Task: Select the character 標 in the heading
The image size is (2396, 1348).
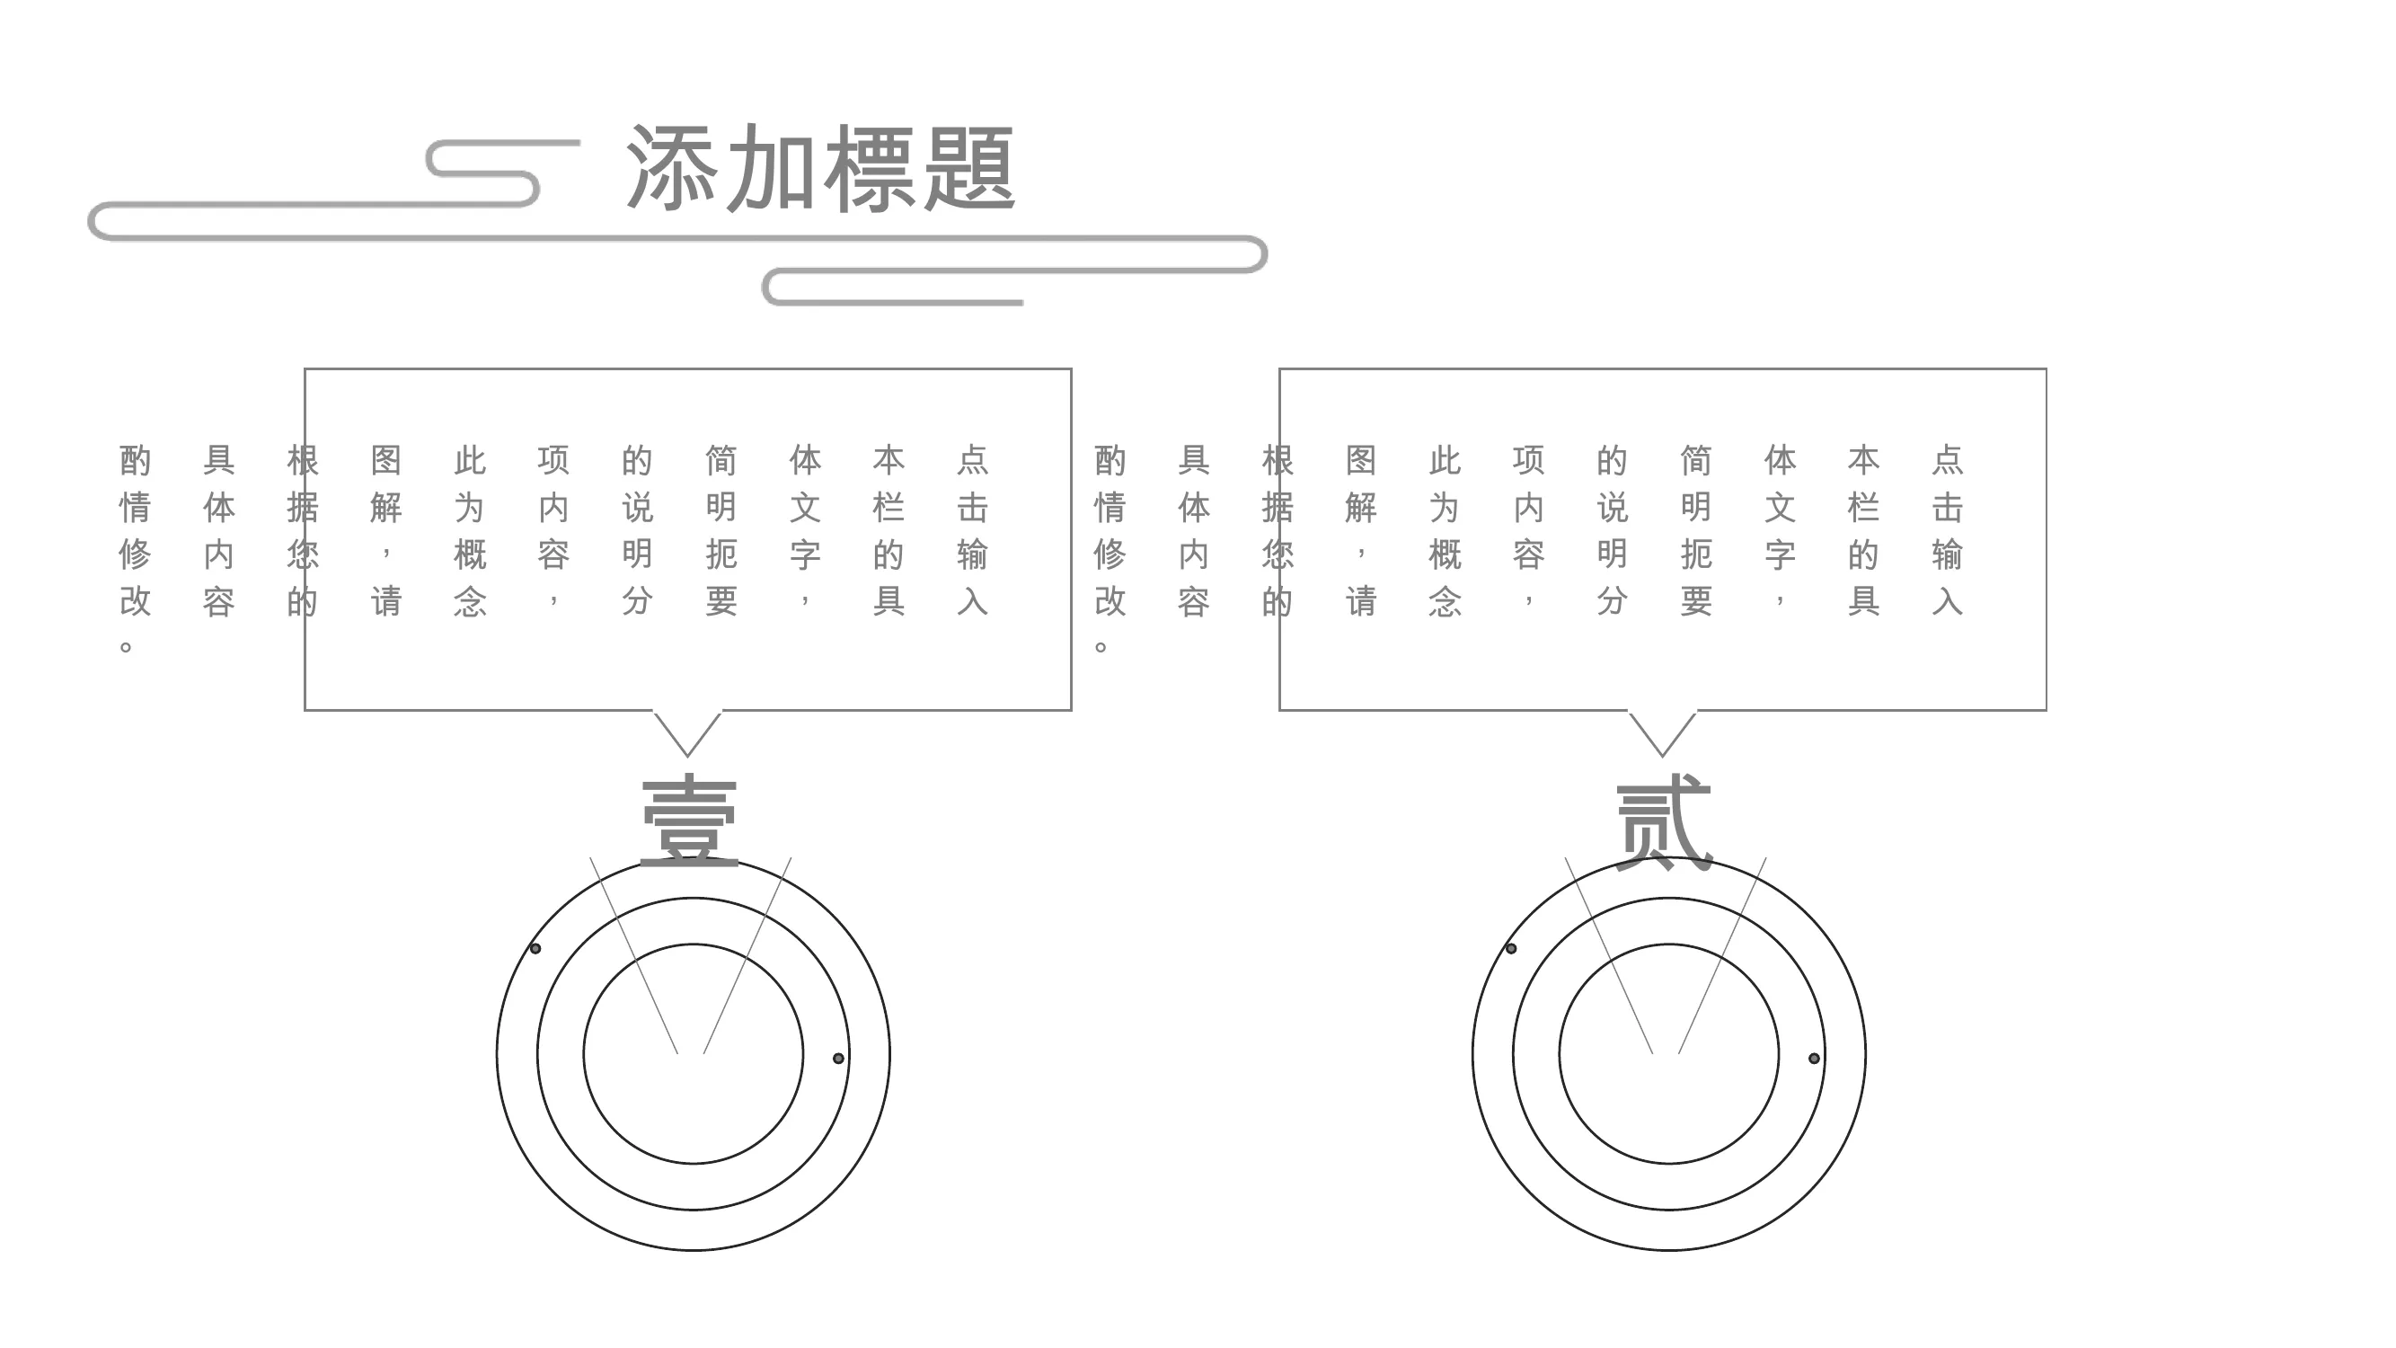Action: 870,167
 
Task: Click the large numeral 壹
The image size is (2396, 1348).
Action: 689,822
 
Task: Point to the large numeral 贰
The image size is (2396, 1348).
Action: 1664,822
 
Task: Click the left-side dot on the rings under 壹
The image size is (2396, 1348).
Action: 535,948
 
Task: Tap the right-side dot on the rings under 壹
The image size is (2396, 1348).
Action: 838,1058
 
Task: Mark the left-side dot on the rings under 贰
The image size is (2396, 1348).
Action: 1510,948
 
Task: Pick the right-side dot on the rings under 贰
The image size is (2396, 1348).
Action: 1814,1058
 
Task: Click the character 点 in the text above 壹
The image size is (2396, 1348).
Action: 972,459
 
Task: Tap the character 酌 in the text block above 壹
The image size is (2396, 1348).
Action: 135,459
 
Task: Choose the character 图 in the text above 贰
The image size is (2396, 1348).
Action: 1361,459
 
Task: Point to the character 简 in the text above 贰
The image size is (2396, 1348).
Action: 1695,459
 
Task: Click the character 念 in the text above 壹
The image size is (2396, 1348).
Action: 470,601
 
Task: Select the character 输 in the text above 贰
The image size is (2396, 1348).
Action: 1947,554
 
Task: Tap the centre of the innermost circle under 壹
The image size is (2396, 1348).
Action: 693,1053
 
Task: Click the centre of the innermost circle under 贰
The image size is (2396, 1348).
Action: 1668,1053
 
